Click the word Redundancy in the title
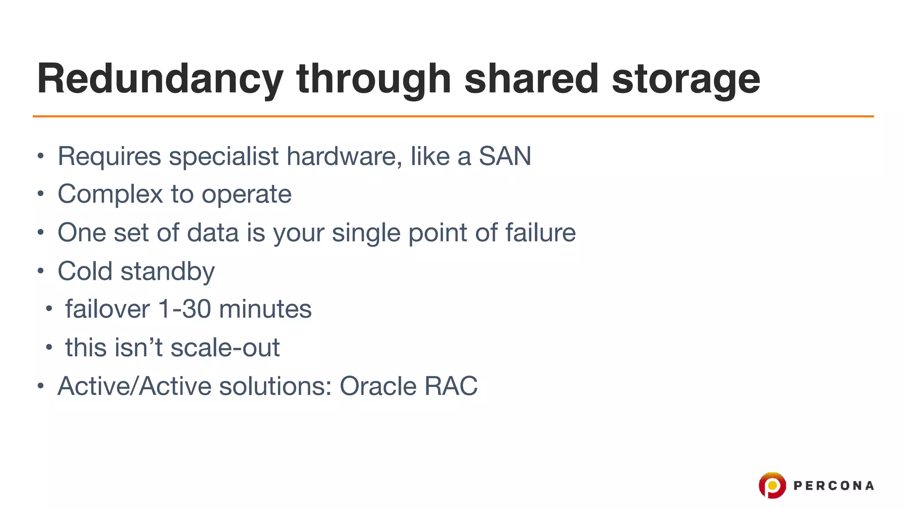pos(160,80)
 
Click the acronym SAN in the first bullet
pos(505,156)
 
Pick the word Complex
pos(110,194)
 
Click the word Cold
pos(85,271)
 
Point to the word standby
pos(168,272)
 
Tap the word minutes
pos(265,309)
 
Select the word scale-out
pos(225,348)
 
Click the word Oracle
pos(378,386)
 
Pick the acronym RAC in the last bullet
pos(451,386)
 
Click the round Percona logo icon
pos(772,485)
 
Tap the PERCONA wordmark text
pos(833,486)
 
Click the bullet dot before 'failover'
pos(49,308)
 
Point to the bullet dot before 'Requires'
pos(41,156)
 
